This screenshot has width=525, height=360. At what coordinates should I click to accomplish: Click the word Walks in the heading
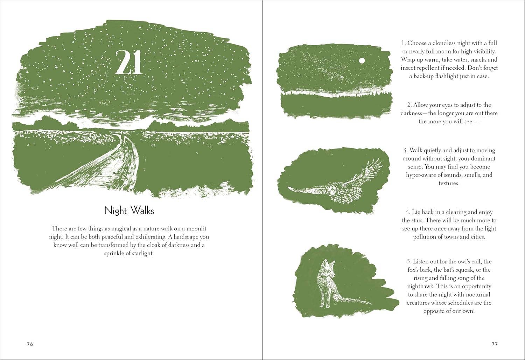pyautogui.click(x=142, y=211)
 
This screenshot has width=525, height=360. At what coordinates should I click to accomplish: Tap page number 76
pyautogui.click(x=30, y=344)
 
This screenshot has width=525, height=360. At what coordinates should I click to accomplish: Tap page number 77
pyautogui.click(x=495, y=344)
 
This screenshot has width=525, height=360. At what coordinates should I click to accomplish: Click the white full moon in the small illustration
pyautogui.click(x=362, y=61)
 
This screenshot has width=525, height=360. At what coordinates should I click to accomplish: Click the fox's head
pyautogui.click(x=324, y=267)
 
